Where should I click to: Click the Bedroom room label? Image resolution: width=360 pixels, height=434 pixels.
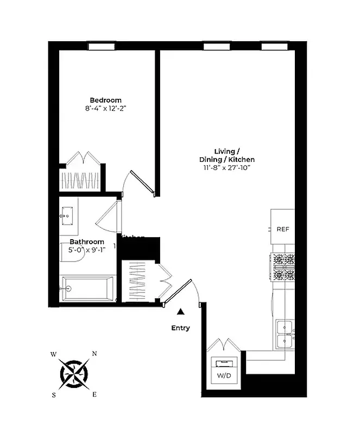coord(105,100)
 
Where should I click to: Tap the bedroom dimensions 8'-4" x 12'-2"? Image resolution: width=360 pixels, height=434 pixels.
coord(105,108)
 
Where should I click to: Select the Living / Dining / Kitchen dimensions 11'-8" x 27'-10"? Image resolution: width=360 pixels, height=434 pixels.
coord(226,168)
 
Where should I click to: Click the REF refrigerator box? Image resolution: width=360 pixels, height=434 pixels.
coord(282,228)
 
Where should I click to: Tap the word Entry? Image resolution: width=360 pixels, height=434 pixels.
coord(180,328)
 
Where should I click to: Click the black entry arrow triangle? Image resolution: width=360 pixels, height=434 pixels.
coord(180,311)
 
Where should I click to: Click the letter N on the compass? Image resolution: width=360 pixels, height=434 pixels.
coord(94,354)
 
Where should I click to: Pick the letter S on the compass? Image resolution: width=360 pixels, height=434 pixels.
coord(54,395)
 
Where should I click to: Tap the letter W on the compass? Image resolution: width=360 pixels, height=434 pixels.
coord(53,354)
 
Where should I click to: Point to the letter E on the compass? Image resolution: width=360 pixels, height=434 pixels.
coord(94,394)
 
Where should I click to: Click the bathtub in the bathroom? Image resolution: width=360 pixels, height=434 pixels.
coord(88,289)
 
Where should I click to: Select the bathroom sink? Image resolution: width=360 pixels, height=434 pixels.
coord(67,216)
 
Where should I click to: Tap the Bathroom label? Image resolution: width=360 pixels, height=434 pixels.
coord(86,241)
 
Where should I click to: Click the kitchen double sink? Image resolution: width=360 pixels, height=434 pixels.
coord(285,334)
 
